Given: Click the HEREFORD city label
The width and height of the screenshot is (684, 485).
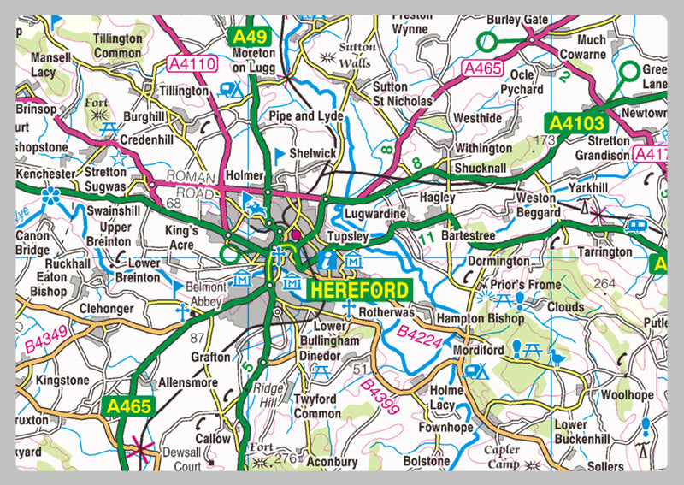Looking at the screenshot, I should (x=359, y=289).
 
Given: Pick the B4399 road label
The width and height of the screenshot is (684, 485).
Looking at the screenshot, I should (x=380, y=398).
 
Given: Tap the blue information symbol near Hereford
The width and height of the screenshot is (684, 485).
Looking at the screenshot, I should (x=326, y=257).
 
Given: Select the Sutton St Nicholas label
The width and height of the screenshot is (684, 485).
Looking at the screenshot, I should (x=403, y=93).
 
